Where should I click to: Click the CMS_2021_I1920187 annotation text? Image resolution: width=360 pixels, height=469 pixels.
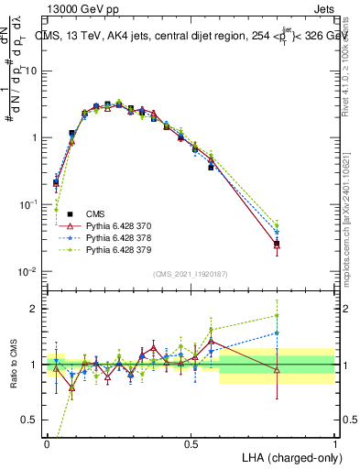[x=191, y=274]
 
